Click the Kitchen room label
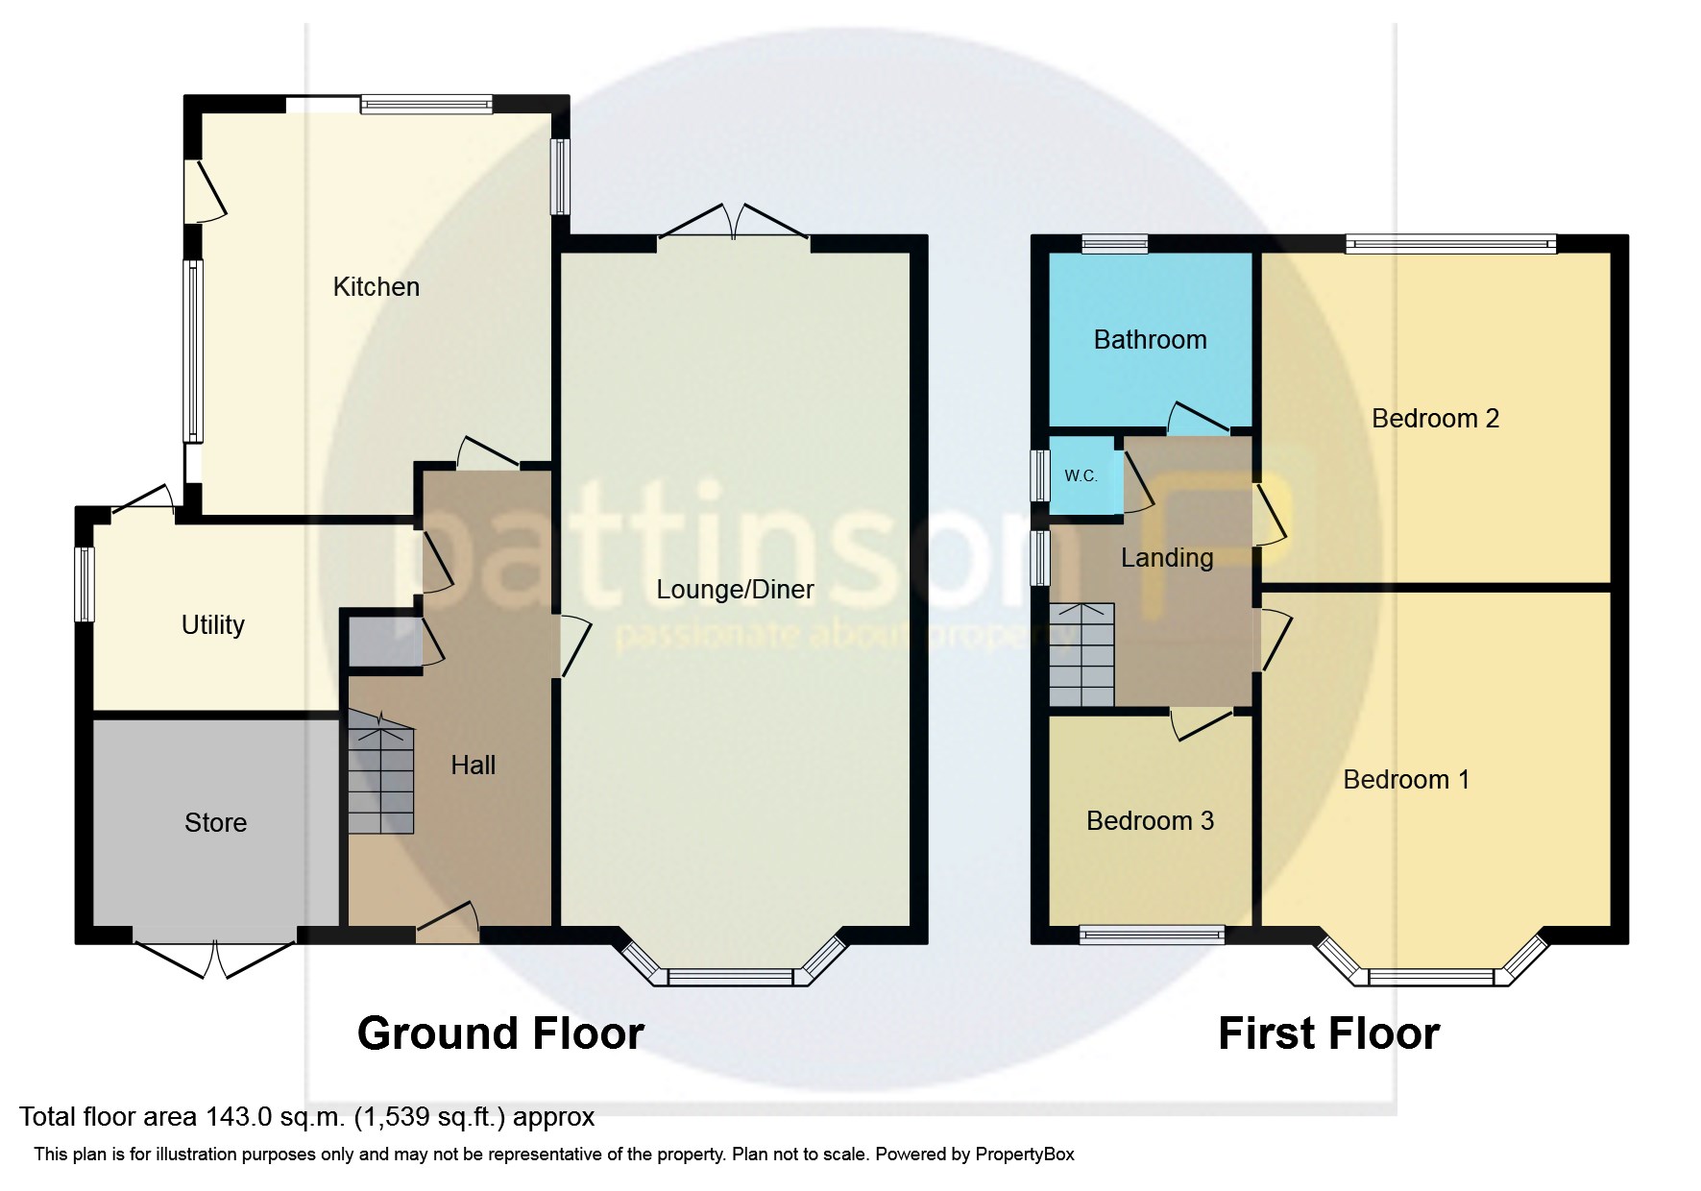[376, 287]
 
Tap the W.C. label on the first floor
[1081, 476]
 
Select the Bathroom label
[1150, 340]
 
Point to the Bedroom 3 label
[1150, 821]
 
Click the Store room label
[215, 823]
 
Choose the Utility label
[212, 625]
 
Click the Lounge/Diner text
[735, 590]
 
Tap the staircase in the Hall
[380, 772]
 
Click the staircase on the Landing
[1081, 655]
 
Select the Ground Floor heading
[500, 1034]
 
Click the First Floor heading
[1328, 1034]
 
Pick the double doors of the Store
[215, 956]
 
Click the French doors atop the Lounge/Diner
[734, 222]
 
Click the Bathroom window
[1114, 244]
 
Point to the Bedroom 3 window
[1152, 935]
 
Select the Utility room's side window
[85, 584]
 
